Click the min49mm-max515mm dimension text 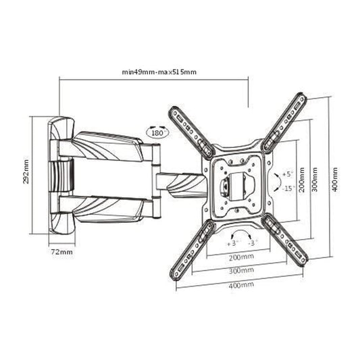click(x=159, y=71)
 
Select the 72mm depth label click(x=62, y=252)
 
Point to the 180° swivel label click(x=157, y=134)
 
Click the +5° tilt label click(x=287, y=174)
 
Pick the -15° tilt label click(x=287, y=188)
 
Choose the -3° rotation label click(x=253, y=240)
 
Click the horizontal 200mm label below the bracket click(x=241, y=257)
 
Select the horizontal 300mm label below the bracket click(x=241, y=270)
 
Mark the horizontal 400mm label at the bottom click(x=241, y=285)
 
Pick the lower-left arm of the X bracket click(x=189, y=246)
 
